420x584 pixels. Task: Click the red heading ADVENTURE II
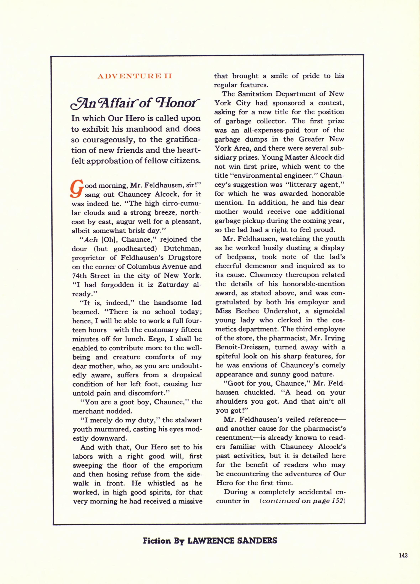click(x=135, y=77)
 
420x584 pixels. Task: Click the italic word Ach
click(x=91, y=239)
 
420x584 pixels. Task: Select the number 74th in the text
click(x=79, y=275)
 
